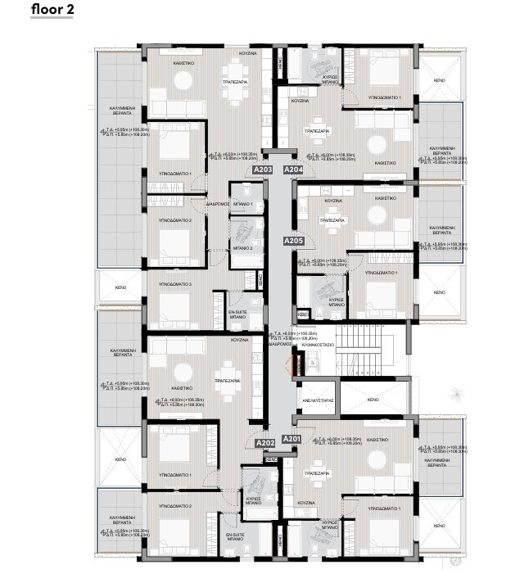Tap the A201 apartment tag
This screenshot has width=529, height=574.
(292, 439)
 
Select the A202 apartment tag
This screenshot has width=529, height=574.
(264, 443)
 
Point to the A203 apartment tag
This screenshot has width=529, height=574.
(263, 169)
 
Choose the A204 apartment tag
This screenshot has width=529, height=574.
(292, 169)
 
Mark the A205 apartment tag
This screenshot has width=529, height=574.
(294, 241)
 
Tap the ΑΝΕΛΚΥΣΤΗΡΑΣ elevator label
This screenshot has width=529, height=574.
(318, 402)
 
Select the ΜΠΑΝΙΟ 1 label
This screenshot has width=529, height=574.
(242, 203)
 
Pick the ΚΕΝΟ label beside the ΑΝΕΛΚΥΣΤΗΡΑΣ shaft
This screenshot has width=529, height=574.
(373, 400)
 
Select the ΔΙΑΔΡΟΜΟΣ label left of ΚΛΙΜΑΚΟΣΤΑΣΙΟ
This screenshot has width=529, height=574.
(279, 345)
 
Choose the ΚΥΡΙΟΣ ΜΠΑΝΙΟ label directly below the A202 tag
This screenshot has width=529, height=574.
(254, 499)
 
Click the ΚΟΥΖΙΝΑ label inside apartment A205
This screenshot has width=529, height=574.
(332, 200)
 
